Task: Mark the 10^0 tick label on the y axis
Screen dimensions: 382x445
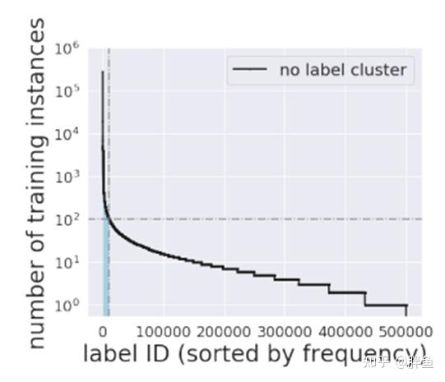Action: pos(68,305)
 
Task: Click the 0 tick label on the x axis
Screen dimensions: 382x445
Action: pos(103,331)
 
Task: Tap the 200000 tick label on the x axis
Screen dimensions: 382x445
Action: pos(224,331)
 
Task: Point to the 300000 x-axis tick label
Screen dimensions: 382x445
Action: pos(285,331)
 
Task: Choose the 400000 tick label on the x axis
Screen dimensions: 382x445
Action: pos(345,331)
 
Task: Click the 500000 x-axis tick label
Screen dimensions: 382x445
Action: pos(406,331)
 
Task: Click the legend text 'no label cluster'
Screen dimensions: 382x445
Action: pos(343,70)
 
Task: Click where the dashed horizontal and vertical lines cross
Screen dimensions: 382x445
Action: pos(109,219)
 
